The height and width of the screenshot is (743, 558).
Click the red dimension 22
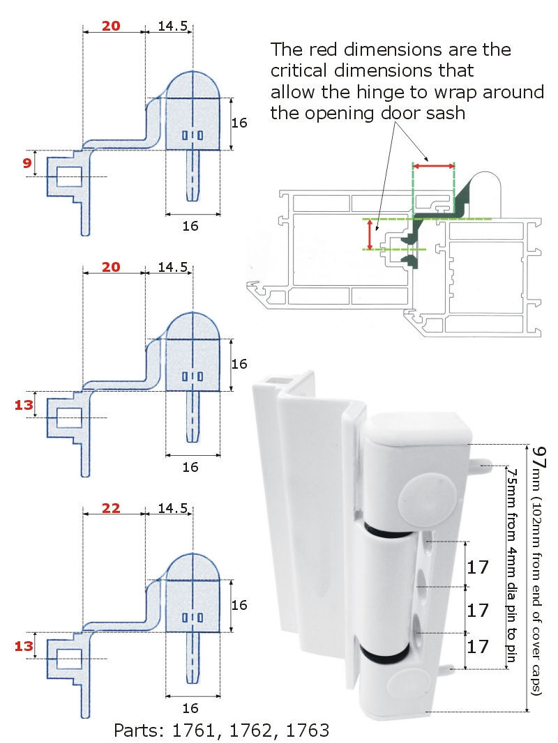pyautogui.click(x=112, y=509)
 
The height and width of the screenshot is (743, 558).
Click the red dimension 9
pyautogui.click(x=27, y=164)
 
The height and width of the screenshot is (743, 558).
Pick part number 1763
pyautogui.click(x=301, y=730)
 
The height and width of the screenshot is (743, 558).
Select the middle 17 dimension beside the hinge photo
pyautogui.click(x=478, y=611)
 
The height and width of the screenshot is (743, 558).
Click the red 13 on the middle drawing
pyautogui.click(x=24, y=406)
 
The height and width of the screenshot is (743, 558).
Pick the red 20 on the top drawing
pyautogui.click(x=112, y=26)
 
